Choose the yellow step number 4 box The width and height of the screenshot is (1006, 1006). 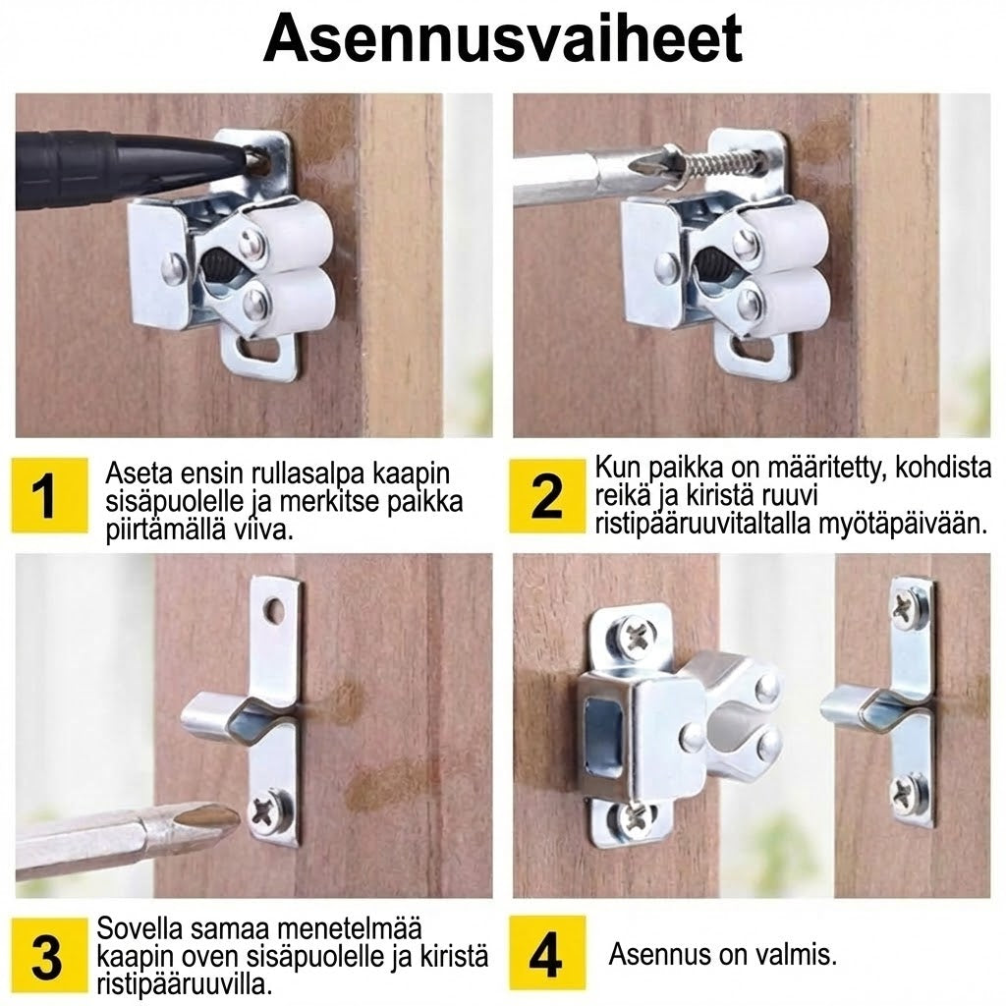click(x=547, y=954)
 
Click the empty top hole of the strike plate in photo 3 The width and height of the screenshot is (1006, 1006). click(x=275, y=611)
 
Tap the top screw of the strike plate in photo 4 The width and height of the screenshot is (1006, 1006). click(x=905, y=607)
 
